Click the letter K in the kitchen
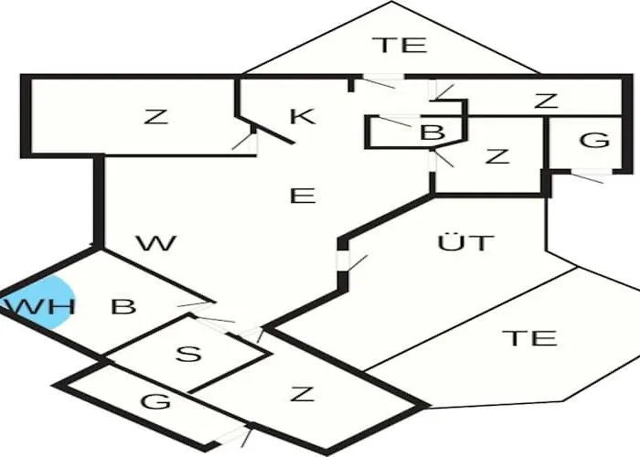[x=302, y=116]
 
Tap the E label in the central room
[x=302, y=195]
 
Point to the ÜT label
[x=465, y=243]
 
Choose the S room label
[x=187, y=354]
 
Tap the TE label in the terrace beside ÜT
[x=530, y=338]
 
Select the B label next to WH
[x=123, y=306]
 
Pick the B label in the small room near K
[x=432, y=133]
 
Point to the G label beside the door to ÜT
[x=593, y=140]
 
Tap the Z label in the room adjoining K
[x=156, y=116]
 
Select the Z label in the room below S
[x=302, y=395]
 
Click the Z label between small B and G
[x=496, y=155]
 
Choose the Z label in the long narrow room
[x=546, y=101]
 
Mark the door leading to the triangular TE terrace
[x=378, y=79]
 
